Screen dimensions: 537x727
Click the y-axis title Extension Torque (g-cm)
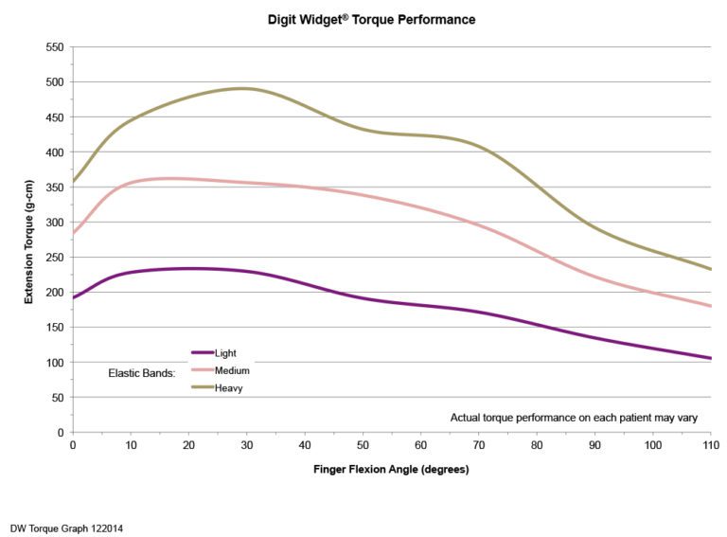point(31,240)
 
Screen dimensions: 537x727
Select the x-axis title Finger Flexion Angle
point(390,469)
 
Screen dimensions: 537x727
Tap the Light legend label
point(225,352)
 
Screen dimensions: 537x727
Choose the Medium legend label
point(232,370)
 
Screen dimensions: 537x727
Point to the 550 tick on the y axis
point(54,47)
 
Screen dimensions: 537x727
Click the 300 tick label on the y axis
point(54,223)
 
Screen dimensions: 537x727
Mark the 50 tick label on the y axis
point(57,398)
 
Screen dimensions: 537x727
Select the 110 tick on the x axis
point(710,444)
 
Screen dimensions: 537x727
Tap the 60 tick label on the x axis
point(420,444)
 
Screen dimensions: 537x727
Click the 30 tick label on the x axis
point(246,444)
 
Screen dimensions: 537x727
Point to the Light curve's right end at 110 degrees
point(709,358)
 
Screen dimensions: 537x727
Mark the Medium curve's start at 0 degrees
point(74,232)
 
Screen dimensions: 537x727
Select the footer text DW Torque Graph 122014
point(66,528)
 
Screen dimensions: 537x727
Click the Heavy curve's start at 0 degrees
point(74,181)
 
